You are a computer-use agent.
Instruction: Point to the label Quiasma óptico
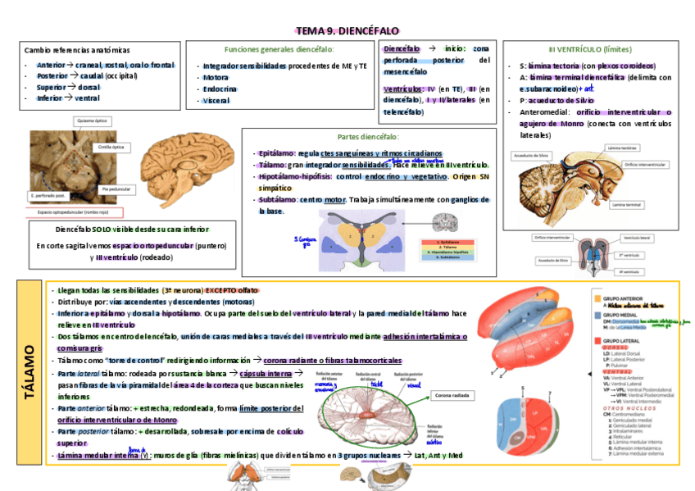click(x=92, y=120)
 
